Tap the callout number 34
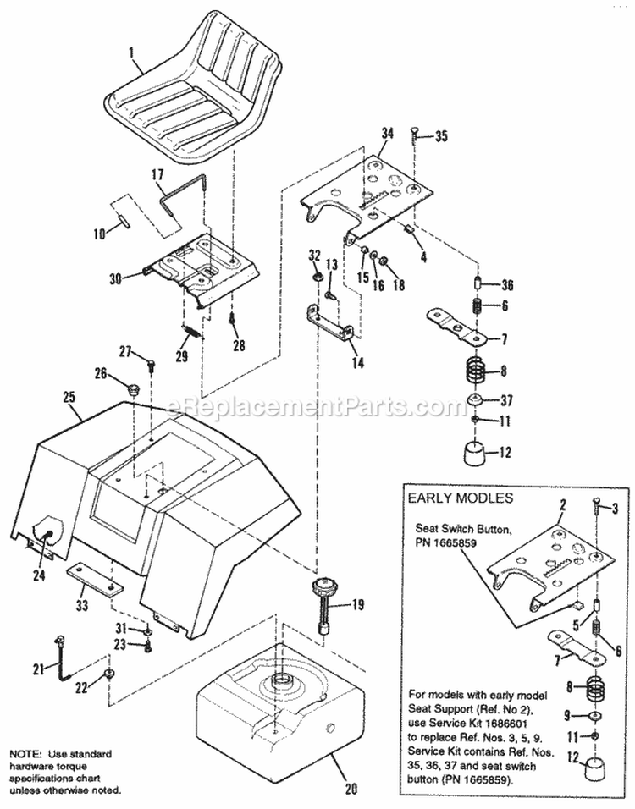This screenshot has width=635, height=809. (387, 132)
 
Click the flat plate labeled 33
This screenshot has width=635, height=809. (93, 580)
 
